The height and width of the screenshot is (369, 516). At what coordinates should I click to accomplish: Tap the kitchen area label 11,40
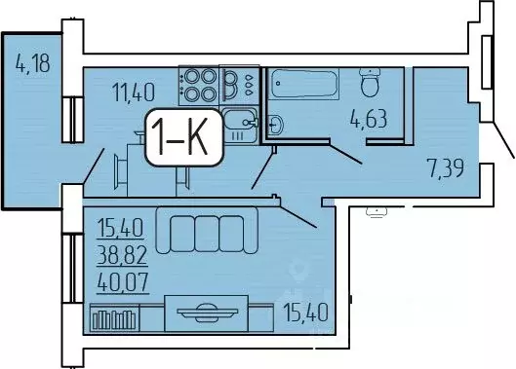click(x=134, y=93)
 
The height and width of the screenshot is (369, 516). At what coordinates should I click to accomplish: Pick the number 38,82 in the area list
click(x=120, y=257)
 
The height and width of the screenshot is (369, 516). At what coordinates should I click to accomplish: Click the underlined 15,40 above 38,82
click(x=120, y=232)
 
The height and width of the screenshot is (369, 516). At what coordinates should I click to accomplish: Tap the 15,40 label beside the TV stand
click(x=305, y=314)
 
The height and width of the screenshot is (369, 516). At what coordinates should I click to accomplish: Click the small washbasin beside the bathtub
click(x=274, y=124)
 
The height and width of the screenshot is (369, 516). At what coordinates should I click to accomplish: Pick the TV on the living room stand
click(x=206, y=312)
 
